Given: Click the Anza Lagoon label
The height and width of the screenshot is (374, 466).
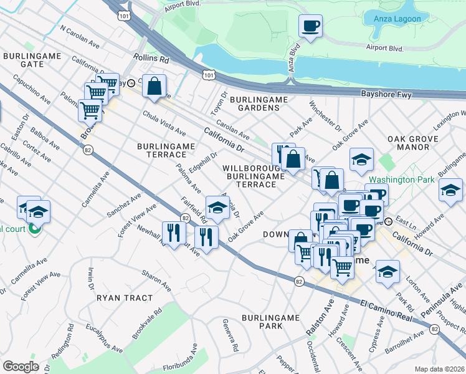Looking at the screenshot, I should (x=397, y=19).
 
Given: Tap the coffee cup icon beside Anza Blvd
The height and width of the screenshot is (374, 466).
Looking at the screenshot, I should (x=310, y=27).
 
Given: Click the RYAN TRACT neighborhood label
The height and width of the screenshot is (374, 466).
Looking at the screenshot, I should (x=125, y=298).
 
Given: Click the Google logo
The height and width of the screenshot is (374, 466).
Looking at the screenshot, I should (x=21, y=367).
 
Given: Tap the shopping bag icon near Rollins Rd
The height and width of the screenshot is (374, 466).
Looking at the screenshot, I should (x=154, y=86).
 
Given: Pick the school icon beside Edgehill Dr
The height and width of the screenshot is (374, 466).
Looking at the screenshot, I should (x=217, y=207).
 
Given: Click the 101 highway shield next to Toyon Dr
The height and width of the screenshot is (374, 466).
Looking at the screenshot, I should (x=207, y=75).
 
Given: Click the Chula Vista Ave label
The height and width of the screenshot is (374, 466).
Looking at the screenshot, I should (x=164, y=123).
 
